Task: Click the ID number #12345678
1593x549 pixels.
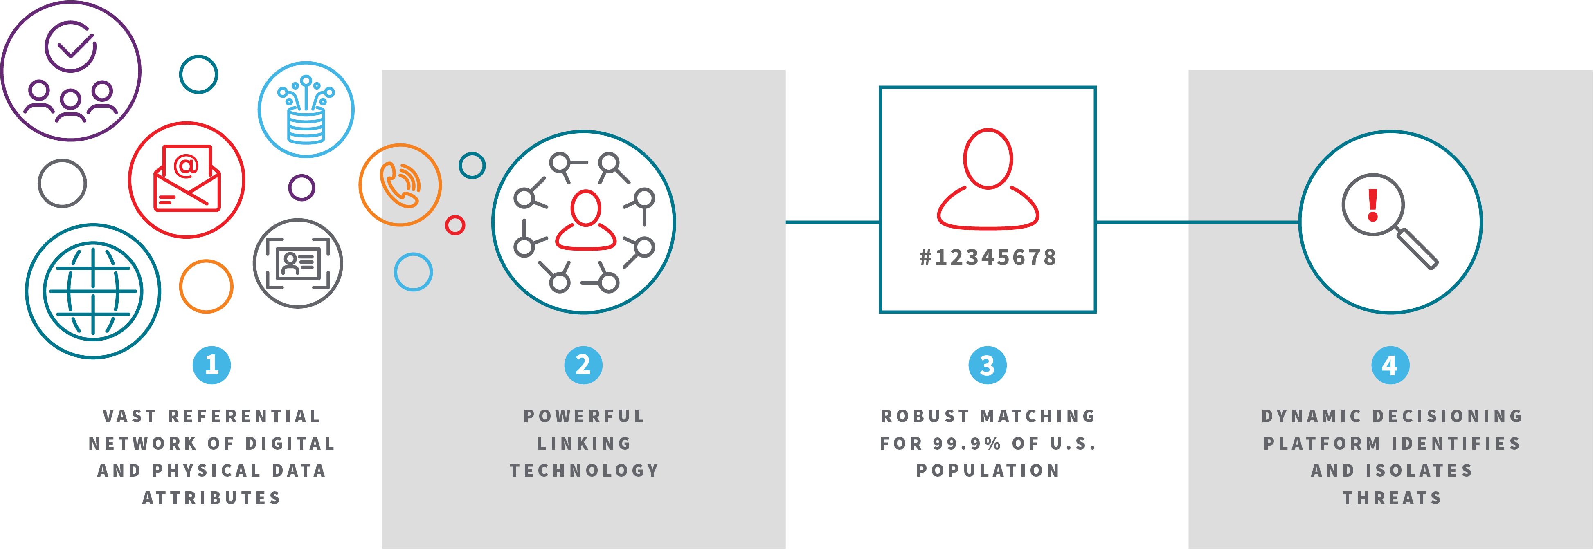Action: click(988, 257)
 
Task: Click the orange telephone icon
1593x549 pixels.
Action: click(401, 185)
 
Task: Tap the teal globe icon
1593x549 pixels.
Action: click(93, 291)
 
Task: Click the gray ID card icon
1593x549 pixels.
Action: click(298, 263)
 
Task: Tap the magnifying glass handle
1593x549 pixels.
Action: click(1417, 249)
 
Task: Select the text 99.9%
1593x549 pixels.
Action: click(967, 443)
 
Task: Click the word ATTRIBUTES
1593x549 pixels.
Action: click(211, 497)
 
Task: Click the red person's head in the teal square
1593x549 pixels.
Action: click(988, 158)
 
